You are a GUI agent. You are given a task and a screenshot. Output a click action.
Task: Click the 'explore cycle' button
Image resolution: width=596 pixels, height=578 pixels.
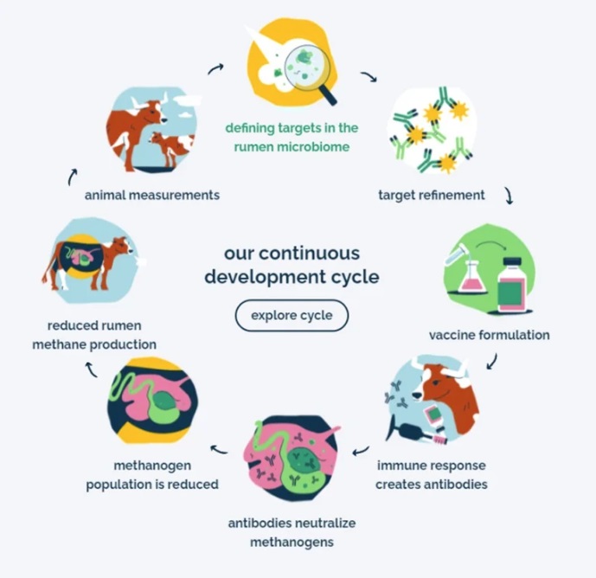[292, 315]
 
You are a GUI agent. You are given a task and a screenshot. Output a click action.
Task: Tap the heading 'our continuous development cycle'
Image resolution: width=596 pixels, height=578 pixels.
[292, 265]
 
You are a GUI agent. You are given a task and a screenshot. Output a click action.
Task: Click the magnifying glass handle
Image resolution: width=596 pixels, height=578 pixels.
[328, 94]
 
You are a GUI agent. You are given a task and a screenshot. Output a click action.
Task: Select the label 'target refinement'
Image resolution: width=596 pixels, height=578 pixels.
[432, 195]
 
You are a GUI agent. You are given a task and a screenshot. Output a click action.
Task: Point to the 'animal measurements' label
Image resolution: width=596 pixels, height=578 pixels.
[152, 195]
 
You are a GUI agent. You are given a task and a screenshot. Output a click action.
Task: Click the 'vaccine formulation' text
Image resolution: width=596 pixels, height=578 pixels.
[490, 335]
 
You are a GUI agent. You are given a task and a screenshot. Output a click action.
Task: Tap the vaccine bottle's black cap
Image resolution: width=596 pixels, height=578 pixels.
[512, 262]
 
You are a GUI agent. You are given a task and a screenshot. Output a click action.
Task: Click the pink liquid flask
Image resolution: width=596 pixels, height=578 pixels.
[472, 279]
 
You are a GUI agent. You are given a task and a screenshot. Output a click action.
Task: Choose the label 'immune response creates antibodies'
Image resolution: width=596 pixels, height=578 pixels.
[432, 475]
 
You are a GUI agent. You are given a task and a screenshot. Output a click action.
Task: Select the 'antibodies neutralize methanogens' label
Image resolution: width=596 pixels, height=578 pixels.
[292, 532]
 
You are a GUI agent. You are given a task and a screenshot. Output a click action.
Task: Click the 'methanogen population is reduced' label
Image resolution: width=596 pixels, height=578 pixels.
[152, 475]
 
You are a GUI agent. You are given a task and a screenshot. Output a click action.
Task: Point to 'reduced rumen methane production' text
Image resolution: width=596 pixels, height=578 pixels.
[94, 335]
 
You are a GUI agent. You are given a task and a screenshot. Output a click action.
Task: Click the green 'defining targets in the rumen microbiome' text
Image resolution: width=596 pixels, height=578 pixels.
[292, 138]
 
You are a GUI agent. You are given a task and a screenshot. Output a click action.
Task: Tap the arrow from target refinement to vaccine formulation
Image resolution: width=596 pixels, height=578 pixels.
[509, 196]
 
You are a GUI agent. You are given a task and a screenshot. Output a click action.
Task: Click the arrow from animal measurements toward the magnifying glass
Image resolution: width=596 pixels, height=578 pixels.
[215, 68]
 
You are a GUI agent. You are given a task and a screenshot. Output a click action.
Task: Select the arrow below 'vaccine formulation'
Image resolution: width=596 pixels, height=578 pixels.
[492, 362]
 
